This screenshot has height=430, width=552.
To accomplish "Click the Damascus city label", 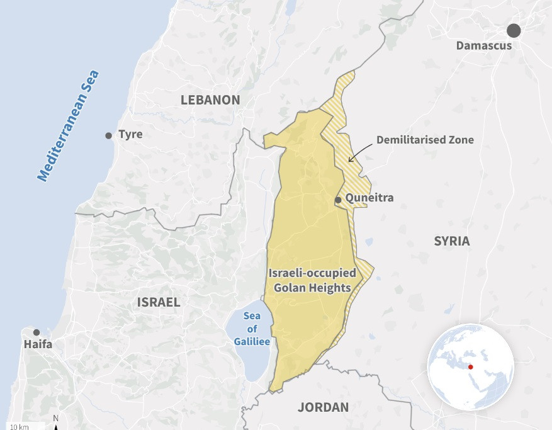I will click(x=484, y=46).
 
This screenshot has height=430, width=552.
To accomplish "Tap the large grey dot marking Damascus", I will click(x=514, y=30).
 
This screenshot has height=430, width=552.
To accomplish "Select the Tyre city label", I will click(x=130, y=135).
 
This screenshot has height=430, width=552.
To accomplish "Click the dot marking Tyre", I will click(x=108, y=135).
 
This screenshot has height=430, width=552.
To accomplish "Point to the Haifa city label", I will click(x=38, y=344).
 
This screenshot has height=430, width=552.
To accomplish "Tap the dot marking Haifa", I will click(x=37, y=332).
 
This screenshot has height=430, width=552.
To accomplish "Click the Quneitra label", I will click(x=369, y=198).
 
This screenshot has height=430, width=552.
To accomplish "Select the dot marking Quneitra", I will click(x=338, y=200).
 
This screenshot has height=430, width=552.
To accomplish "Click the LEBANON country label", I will click(x=210, y=100).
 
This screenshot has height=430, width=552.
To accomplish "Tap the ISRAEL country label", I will click(x=159, y=302).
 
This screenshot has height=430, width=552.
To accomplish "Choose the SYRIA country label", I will click(x=451, y=241).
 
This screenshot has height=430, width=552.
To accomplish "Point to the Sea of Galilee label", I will click(x=252, y=329).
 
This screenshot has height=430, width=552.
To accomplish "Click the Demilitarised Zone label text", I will click(x=425, y=140).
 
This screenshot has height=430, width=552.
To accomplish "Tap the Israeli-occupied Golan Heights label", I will click(x=312, y=281).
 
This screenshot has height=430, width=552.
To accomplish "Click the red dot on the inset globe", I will click(x=470, y=367).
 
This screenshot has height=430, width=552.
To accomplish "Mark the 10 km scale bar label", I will click(x=19, y=426).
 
